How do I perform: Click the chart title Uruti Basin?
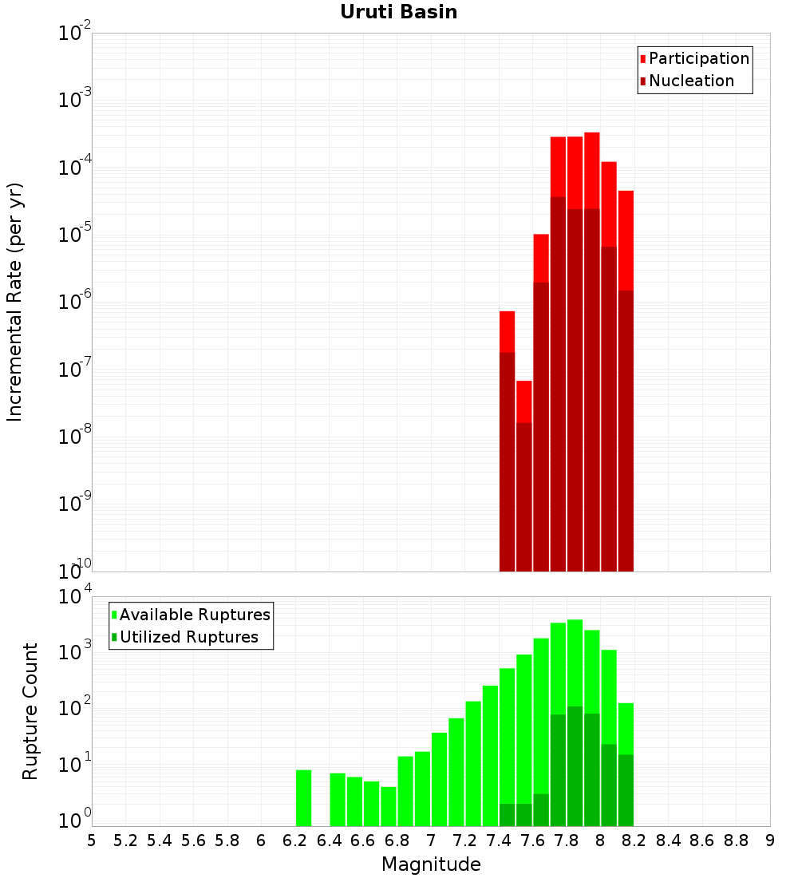click(398, 12)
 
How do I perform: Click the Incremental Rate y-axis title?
click(15, 302)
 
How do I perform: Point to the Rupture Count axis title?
click(30, 711)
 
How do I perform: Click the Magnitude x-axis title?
click(431, 864)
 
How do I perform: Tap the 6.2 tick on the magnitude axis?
click(295, 840)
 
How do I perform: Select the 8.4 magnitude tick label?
click(668, 840)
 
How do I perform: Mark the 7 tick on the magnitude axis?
click(431, 840)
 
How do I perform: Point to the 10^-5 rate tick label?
click(74, 235)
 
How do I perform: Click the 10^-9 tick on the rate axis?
click(74, 504)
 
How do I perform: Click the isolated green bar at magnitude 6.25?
click(303, 797)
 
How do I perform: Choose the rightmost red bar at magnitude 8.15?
click(626, 239)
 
